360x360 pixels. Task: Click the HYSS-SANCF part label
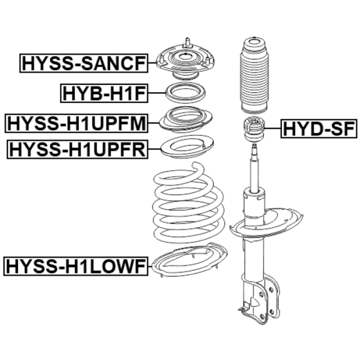coord(84,63)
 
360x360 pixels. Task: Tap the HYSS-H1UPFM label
coord(75,123)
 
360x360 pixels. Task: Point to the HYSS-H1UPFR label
coord(77,149)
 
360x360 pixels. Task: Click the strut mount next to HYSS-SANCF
coord(184,63)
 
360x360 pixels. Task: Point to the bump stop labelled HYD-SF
coord(254,129)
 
